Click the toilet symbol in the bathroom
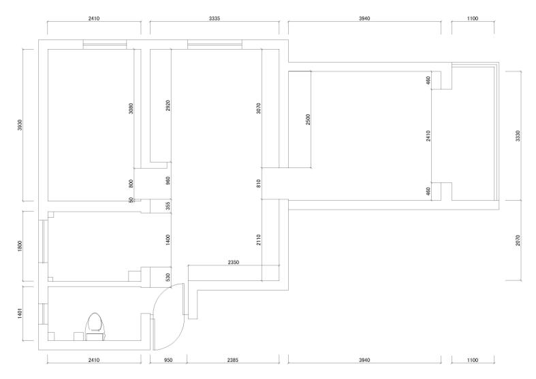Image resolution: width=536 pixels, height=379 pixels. pos(95,327)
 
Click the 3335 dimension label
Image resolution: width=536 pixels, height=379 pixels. pos(215,18)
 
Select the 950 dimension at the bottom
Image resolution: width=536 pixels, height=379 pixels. pos(168,360)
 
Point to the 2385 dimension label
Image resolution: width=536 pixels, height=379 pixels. pos(233,360)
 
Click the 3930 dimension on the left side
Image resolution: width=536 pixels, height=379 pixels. pos(20,125)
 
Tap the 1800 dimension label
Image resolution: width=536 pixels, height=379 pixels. pos(20,246)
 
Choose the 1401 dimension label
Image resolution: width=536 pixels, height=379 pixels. pos(20,314)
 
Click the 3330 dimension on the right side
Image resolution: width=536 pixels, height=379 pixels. pos(518,136)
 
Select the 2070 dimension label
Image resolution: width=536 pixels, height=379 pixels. pos(518,240)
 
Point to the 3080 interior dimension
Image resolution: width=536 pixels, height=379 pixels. pos(131,108)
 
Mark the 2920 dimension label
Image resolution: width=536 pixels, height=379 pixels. pos(168,105)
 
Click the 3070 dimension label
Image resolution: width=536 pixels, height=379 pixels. pos(259,108)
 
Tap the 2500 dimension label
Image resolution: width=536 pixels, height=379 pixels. pos(308,120)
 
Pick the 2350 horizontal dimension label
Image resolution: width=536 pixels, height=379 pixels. pos(234,262)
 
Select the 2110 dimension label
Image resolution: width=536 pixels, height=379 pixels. pos(259,240)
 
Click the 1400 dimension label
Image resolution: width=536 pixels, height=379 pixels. pos(168,240)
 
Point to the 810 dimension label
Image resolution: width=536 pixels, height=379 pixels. pos(259,183)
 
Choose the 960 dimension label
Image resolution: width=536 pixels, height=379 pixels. pos(168,180)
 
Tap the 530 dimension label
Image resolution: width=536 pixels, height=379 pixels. pos(168,277)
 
